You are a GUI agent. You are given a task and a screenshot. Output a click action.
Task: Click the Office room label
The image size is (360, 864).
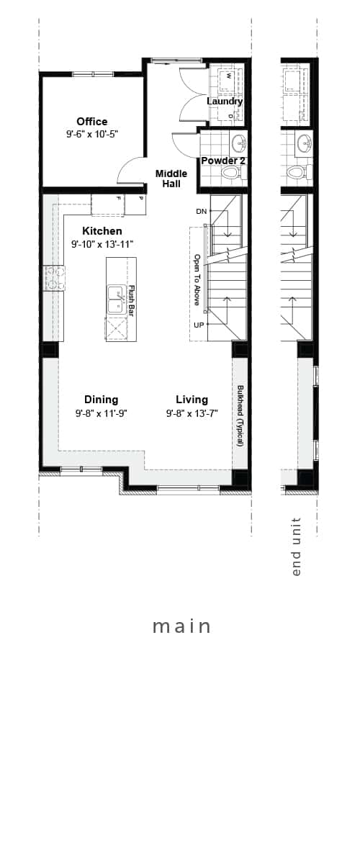(x=92, y=122)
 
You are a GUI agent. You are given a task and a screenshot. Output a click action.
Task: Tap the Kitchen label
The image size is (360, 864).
(x=102, y=231)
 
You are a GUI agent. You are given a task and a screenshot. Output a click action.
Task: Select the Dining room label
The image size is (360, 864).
(x=101, y=400)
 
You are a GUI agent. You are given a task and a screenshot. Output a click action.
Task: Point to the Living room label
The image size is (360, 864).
(x=192, y=400)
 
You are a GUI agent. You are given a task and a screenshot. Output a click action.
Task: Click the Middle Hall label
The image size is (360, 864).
(x=171, y=179)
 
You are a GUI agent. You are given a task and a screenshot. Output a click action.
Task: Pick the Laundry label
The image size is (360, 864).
(x=224, y=102)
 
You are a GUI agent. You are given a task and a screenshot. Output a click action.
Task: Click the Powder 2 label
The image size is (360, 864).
(x=222, y=161)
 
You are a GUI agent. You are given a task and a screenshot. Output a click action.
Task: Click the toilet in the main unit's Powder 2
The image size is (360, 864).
(x=231, y=173)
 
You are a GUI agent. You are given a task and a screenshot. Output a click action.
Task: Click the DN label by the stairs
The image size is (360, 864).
(x=202, y=211)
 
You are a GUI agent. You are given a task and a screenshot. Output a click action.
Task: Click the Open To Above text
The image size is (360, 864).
(x=196, y=279)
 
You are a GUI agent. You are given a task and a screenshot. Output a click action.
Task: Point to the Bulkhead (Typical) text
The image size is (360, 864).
(x=240, y=416)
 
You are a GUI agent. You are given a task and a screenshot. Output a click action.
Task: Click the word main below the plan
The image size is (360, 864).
(x=181, y=626)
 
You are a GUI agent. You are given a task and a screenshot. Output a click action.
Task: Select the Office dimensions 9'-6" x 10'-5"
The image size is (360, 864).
(x=92, y=134)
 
